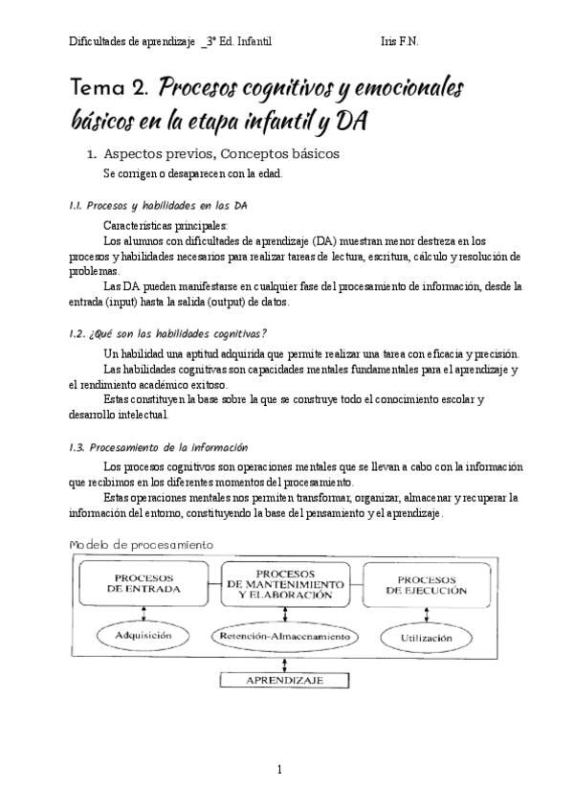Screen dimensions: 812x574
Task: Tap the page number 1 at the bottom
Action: pos(279,769)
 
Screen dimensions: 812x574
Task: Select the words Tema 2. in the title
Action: pos(108,90)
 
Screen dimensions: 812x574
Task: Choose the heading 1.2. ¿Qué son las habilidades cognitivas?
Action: pos(168,333)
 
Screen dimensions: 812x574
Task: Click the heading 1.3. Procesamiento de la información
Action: pos(159,446)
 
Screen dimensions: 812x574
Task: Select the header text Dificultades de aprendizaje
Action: pos(132,41)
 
